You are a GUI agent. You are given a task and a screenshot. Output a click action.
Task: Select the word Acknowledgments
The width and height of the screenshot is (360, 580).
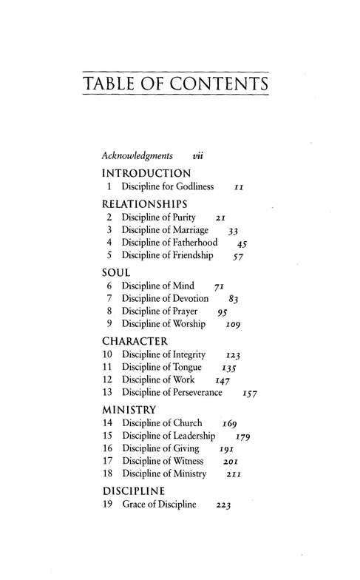pyautogui.click(x=137, y=156)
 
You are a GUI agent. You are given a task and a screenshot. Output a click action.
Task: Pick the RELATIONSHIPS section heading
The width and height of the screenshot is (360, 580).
pyautogui.click(x=143, y=203)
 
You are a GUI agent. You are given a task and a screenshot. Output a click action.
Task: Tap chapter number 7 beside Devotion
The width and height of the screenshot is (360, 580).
pyautogui.click(x=109, y=298)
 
